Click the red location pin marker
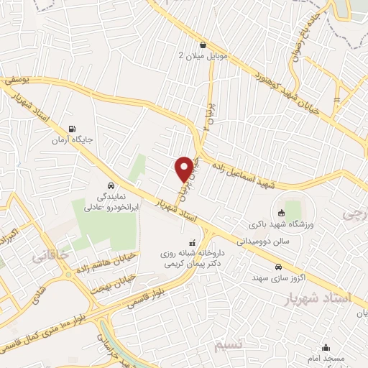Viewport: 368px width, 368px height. [185, 168]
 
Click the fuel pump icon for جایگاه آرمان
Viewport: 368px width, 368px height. [69, 129]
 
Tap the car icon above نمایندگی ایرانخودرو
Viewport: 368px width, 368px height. [109, 183]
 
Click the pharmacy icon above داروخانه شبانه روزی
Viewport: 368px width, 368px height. [191, 242]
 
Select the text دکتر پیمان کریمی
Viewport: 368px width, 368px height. [191, 265]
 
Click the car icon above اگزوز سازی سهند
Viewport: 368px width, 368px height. [277, 267]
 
